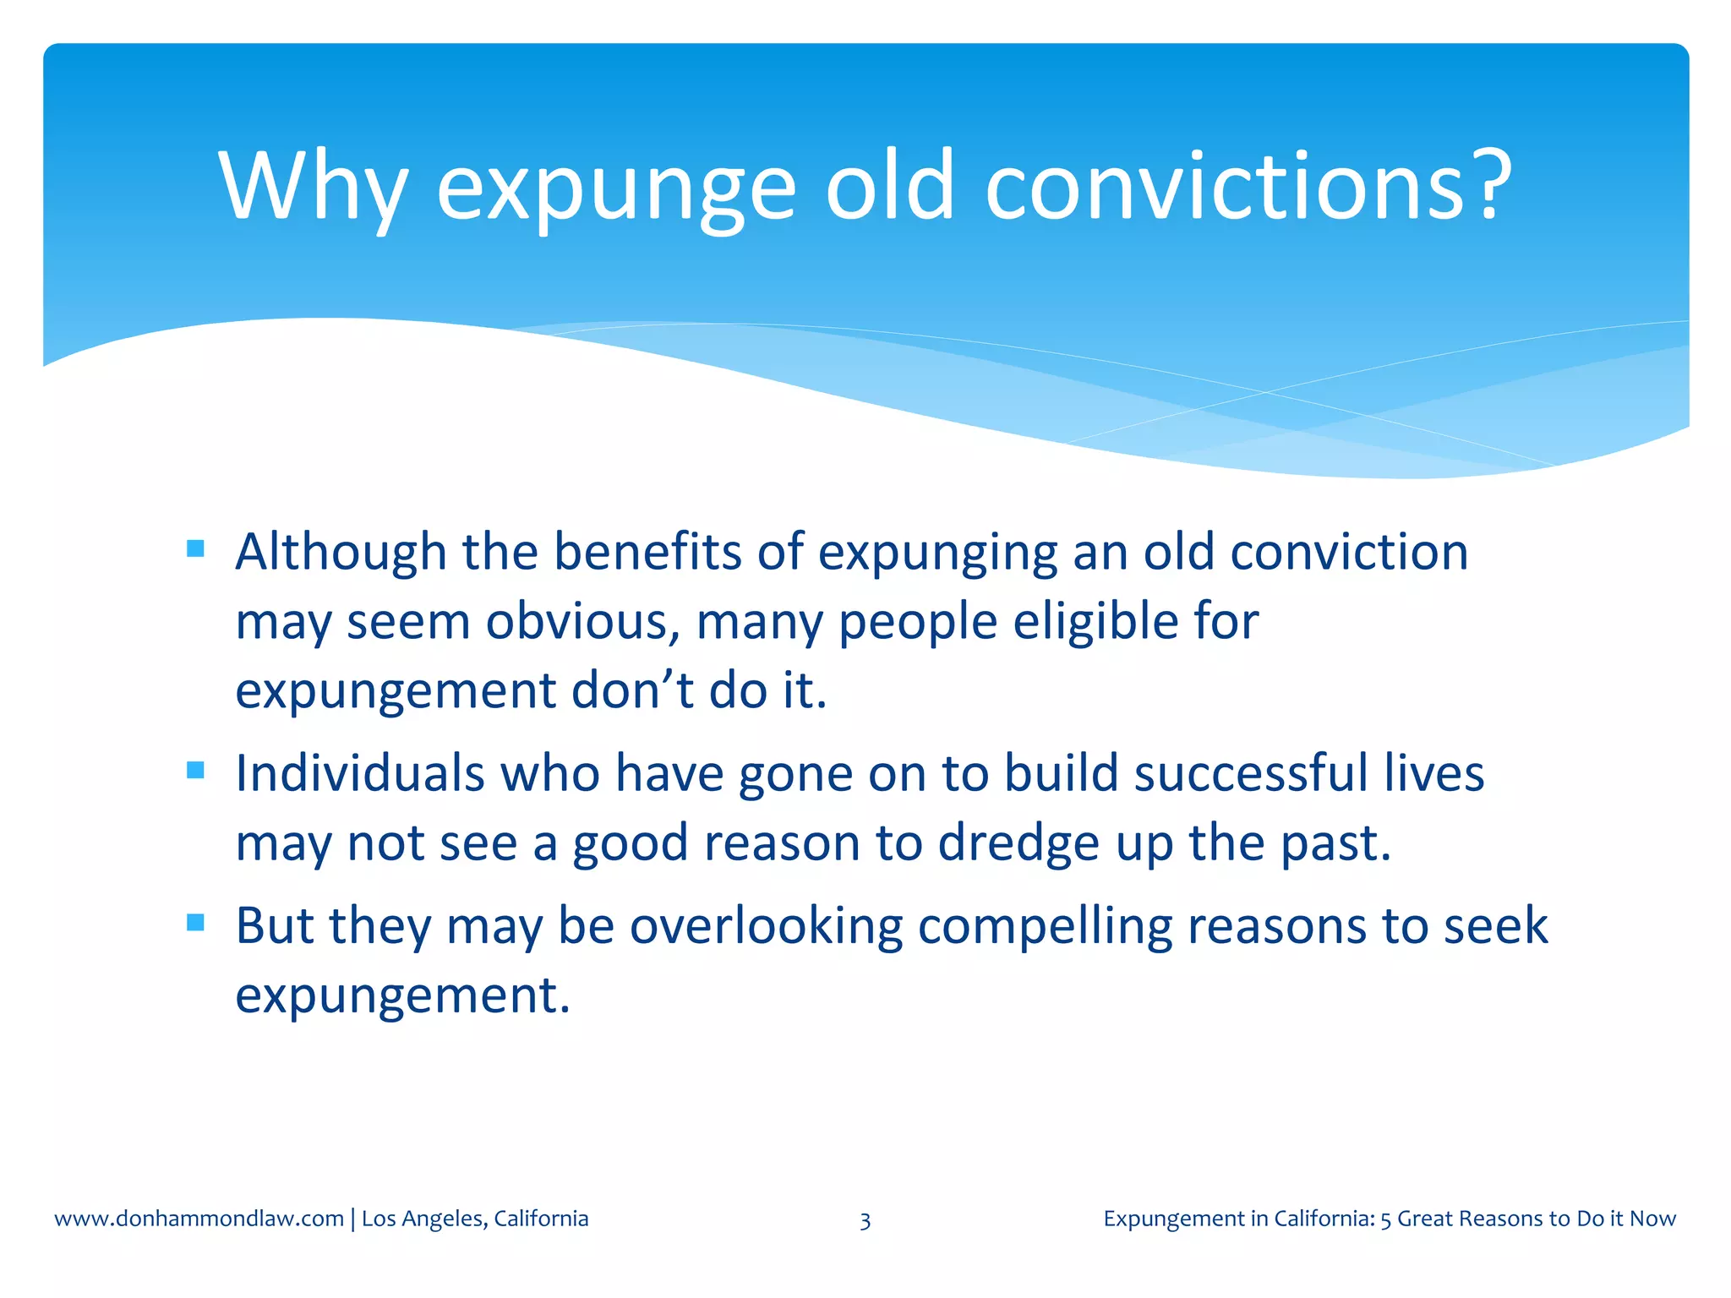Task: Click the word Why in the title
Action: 314,188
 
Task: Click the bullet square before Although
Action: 195,549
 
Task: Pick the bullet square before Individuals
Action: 195,771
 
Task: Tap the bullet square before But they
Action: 195,923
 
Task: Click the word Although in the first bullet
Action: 341,553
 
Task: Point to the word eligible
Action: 1095,622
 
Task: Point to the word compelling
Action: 1045,926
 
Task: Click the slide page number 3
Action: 865,1220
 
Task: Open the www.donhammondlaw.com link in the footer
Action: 199,1219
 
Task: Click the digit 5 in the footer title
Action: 1385,1219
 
